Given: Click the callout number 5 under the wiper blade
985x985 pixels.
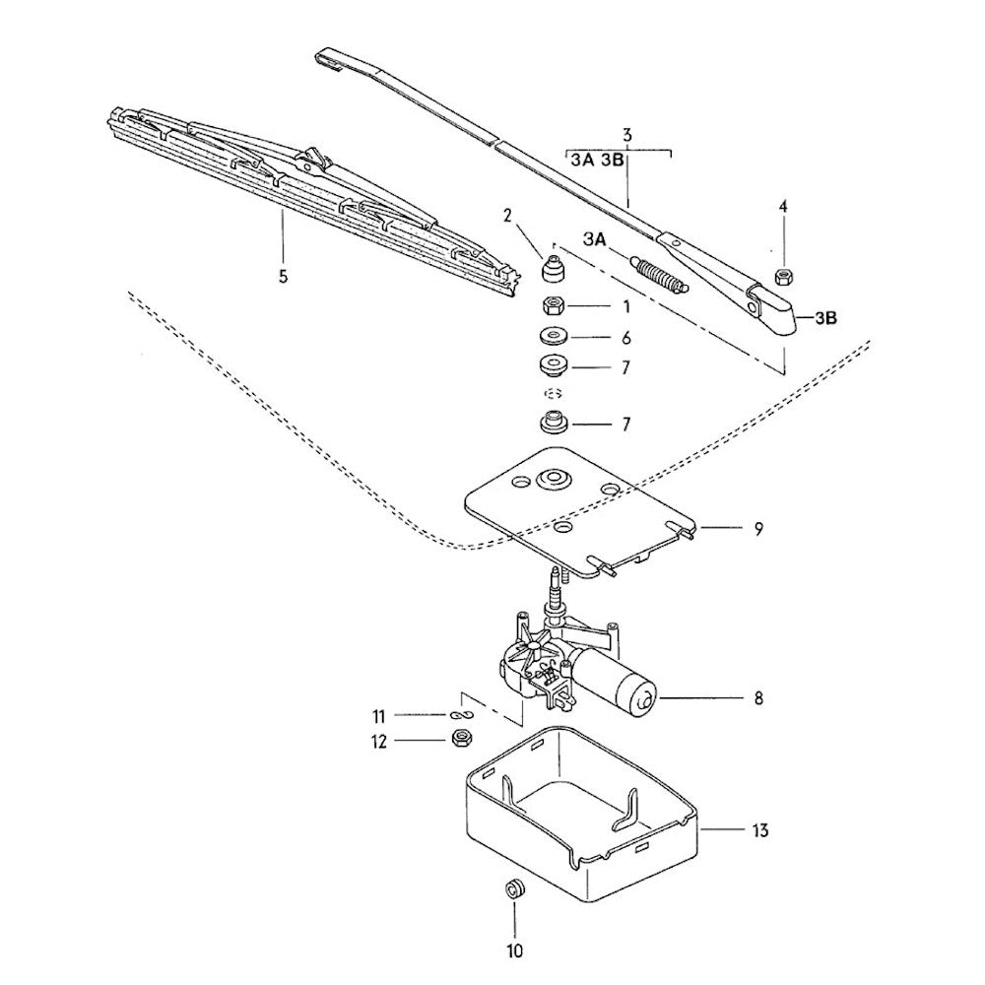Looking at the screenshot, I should tap(283, 277).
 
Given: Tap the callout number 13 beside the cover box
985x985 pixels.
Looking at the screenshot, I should tap(758, 830).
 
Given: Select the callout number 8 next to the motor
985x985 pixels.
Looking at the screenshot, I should tap(758, 699).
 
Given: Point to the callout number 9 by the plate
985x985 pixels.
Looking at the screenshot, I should tap(758, 529).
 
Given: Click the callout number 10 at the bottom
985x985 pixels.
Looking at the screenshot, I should tap(514, 952).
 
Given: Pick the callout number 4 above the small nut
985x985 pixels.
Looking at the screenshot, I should tap(784, 207).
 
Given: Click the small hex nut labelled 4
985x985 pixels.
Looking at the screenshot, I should tap(784, 275).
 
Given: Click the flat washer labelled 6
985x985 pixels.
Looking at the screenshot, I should tap(557, 336).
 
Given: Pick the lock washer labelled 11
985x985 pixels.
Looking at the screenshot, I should tap(461, 714).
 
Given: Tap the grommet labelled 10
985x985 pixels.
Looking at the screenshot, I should tap(513, 888).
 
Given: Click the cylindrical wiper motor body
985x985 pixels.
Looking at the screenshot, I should tap(621, 685).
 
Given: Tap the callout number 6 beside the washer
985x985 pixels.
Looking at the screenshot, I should tap(624, 337).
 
